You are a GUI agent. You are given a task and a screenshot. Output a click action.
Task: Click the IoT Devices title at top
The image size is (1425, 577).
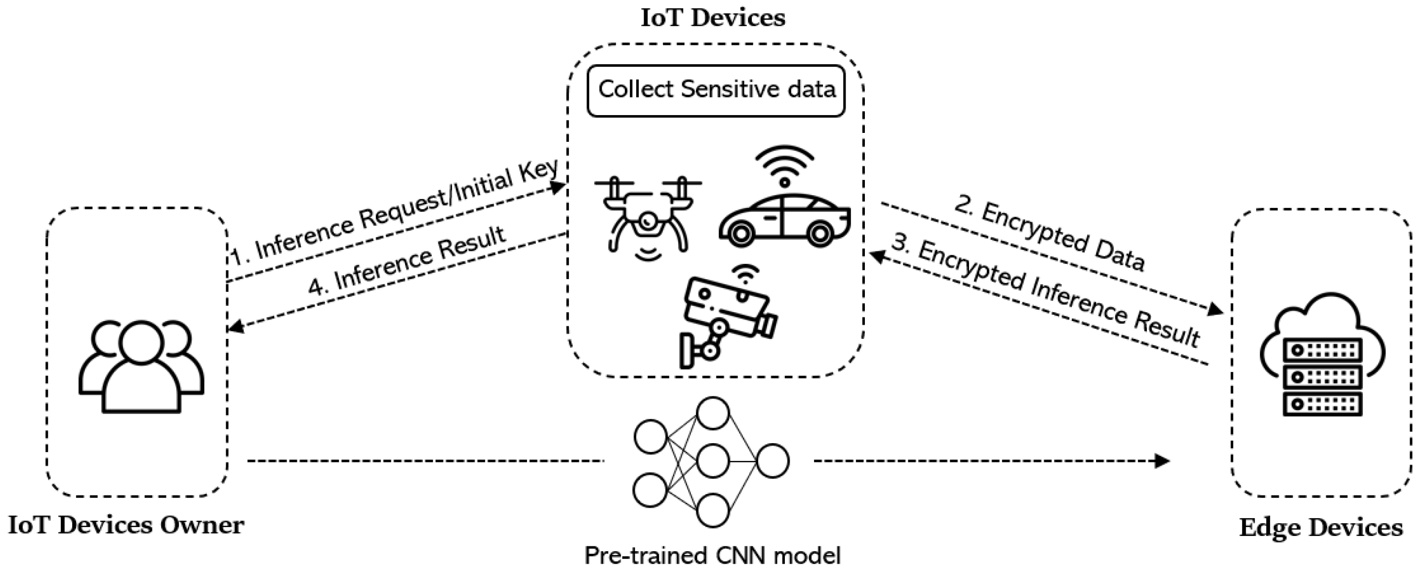[x=712, y=18]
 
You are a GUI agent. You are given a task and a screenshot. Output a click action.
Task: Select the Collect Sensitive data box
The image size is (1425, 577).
[x=716, y=91]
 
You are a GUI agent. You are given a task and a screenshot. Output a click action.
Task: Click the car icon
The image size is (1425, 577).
[x=784, y=220]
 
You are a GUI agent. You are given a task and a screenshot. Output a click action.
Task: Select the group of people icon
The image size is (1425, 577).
[x=142, y=365]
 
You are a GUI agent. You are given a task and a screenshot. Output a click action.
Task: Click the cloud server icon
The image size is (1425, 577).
[x=1322, y=354]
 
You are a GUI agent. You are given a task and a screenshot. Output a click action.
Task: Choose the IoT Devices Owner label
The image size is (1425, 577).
[x=126, y=525]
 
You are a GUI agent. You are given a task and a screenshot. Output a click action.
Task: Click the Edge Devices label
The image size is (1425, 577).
[x=1321, y=527]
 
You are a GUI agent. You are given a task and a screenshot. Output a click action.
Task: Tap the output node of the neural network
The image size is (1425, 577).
[x=773, y=461]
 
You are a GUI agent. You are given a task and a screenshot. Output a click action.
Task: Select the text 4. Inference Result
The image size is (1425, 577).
[x=407, y=260]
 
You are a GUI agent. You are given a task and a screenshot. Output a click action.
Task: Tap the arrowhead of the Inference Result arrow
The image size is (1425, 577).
[x=236, y=328]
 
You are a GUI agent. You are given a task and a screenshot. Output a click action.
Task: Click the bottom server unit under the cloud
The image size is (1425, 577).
[x=1322, y=405]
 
